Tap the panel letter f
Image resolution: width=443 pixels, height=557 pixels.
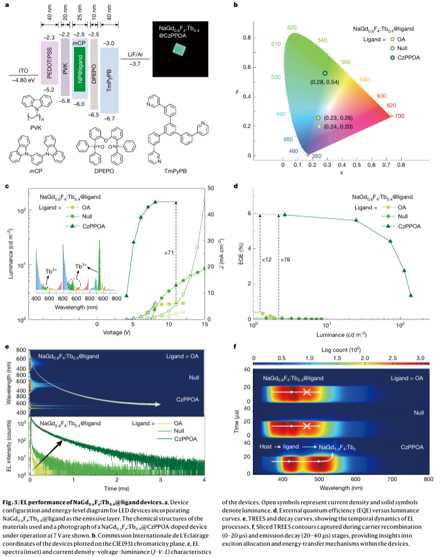coord(235,346)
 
